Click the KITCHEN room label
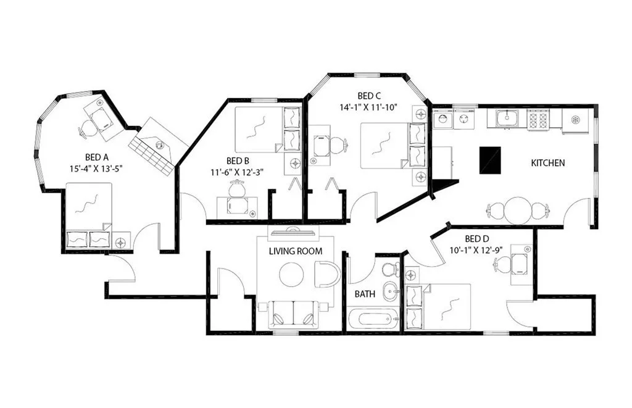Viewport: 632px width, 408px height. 548,163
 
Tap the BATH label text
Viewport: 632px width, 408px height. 365,294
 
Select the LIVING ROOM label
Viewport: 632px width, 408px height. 296,251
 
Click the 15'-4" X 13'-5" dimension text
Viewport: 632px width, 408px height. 96,169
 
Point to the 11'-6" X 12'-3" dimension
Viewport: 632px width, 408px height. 237,172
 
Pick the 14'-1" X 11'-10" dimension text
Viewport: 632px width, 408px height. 368,107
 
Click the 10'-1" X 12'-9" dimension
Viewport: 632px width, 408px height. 476,250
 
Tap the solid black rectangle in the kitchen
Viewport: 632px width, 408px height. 489,160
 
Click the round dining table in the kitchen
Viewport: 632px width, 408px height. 517,210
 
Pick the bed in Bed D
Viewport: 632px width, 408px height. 439,306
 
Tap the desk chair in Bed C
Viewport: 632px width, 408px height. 339,146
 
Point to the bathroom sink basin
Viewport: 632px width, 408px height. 390,291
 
